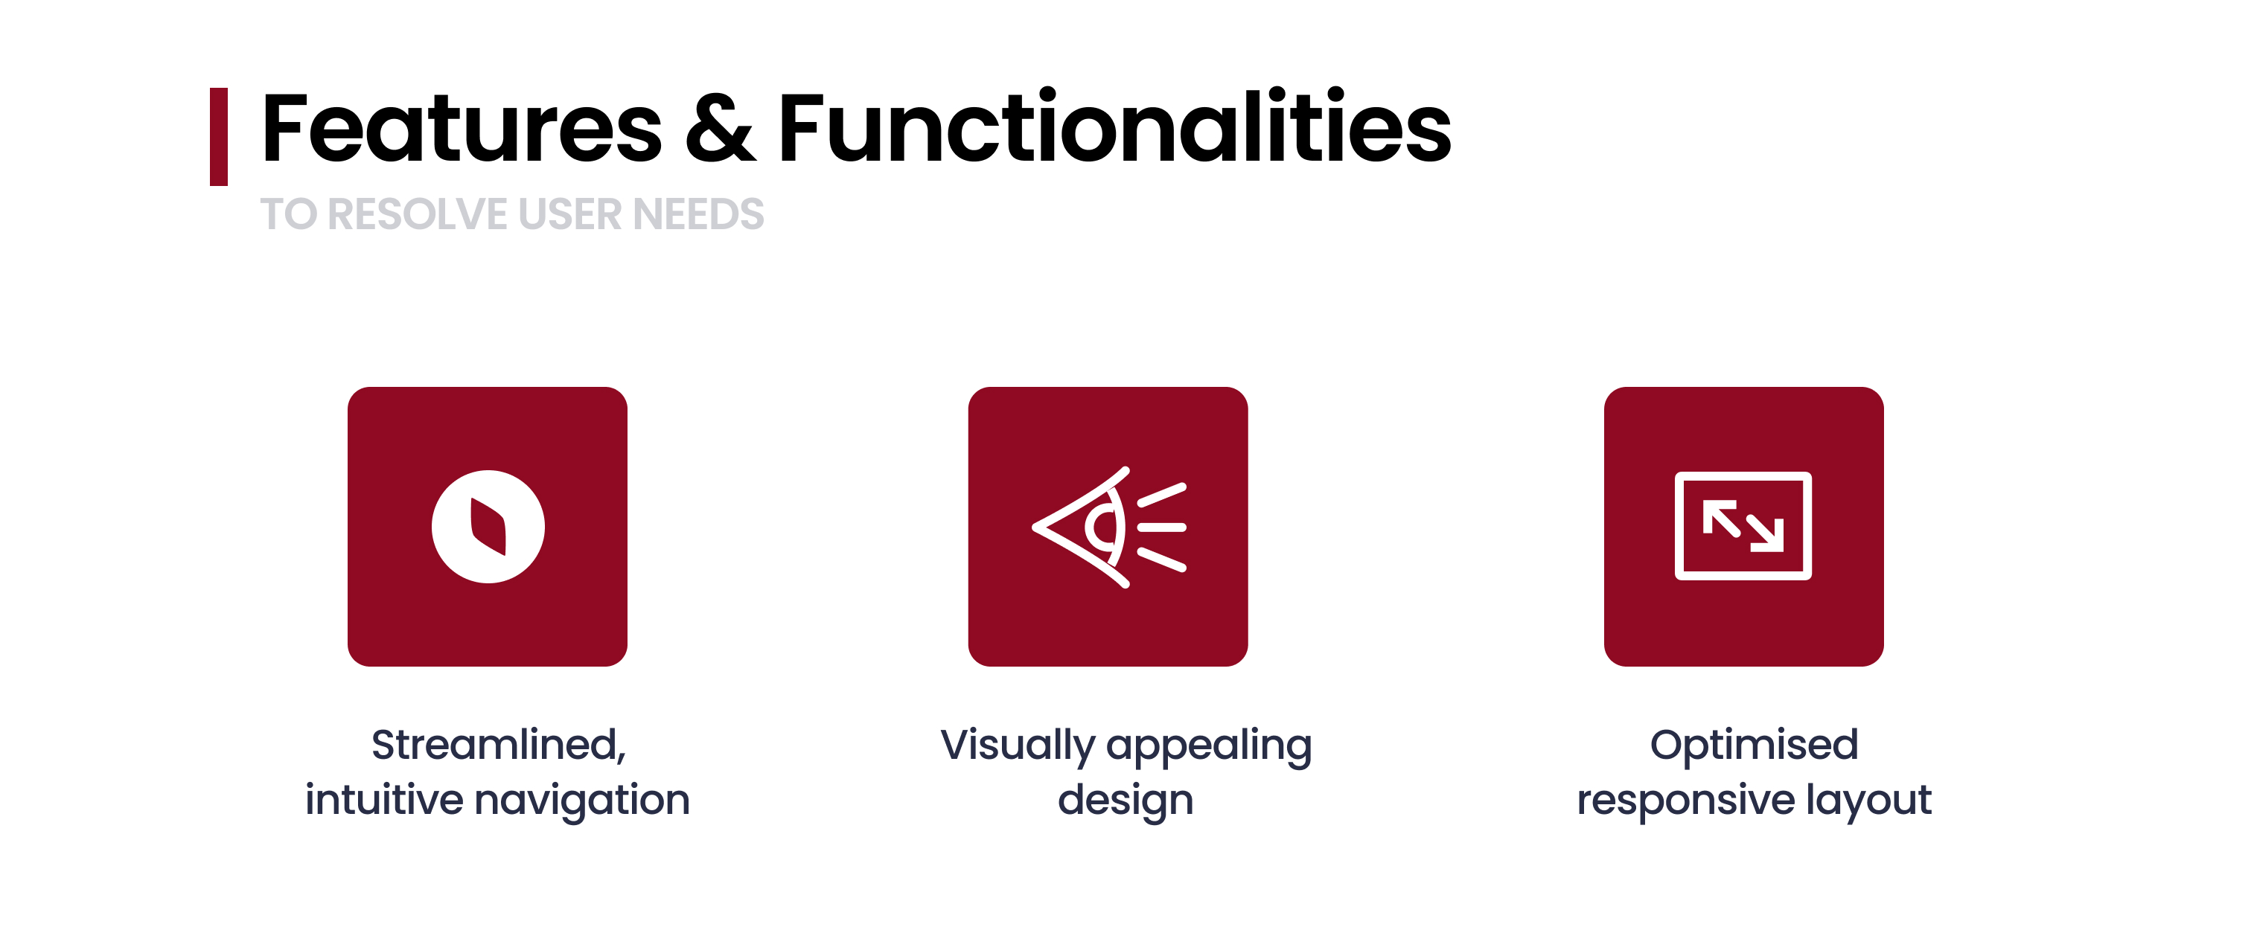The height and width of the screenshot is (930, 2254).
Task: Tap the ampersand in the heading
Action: [720, 129]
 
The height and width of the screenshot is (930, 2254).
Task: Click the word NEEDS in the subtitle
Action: [698, 214]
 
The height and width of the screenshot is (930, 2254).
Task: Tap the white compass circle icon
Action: [488, 527]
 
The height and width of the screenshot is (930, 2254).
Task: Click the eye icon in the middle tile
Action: [1109, 527]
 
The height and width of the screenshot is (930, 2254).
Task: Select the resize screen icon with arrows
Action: [1743, 526]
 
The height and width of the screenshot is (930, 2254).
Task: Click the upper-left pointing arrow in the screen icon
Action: [1721, 517]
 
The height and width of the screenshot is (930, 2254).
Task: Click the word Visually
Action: [1018, 746]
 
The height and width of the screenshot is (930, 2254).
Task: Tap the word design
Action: [1126, 801]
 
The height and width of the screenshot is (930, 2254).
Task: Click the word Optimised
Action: [1754, 745]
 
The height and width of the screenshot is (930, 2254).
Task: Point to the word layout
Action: [1868, 801]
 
